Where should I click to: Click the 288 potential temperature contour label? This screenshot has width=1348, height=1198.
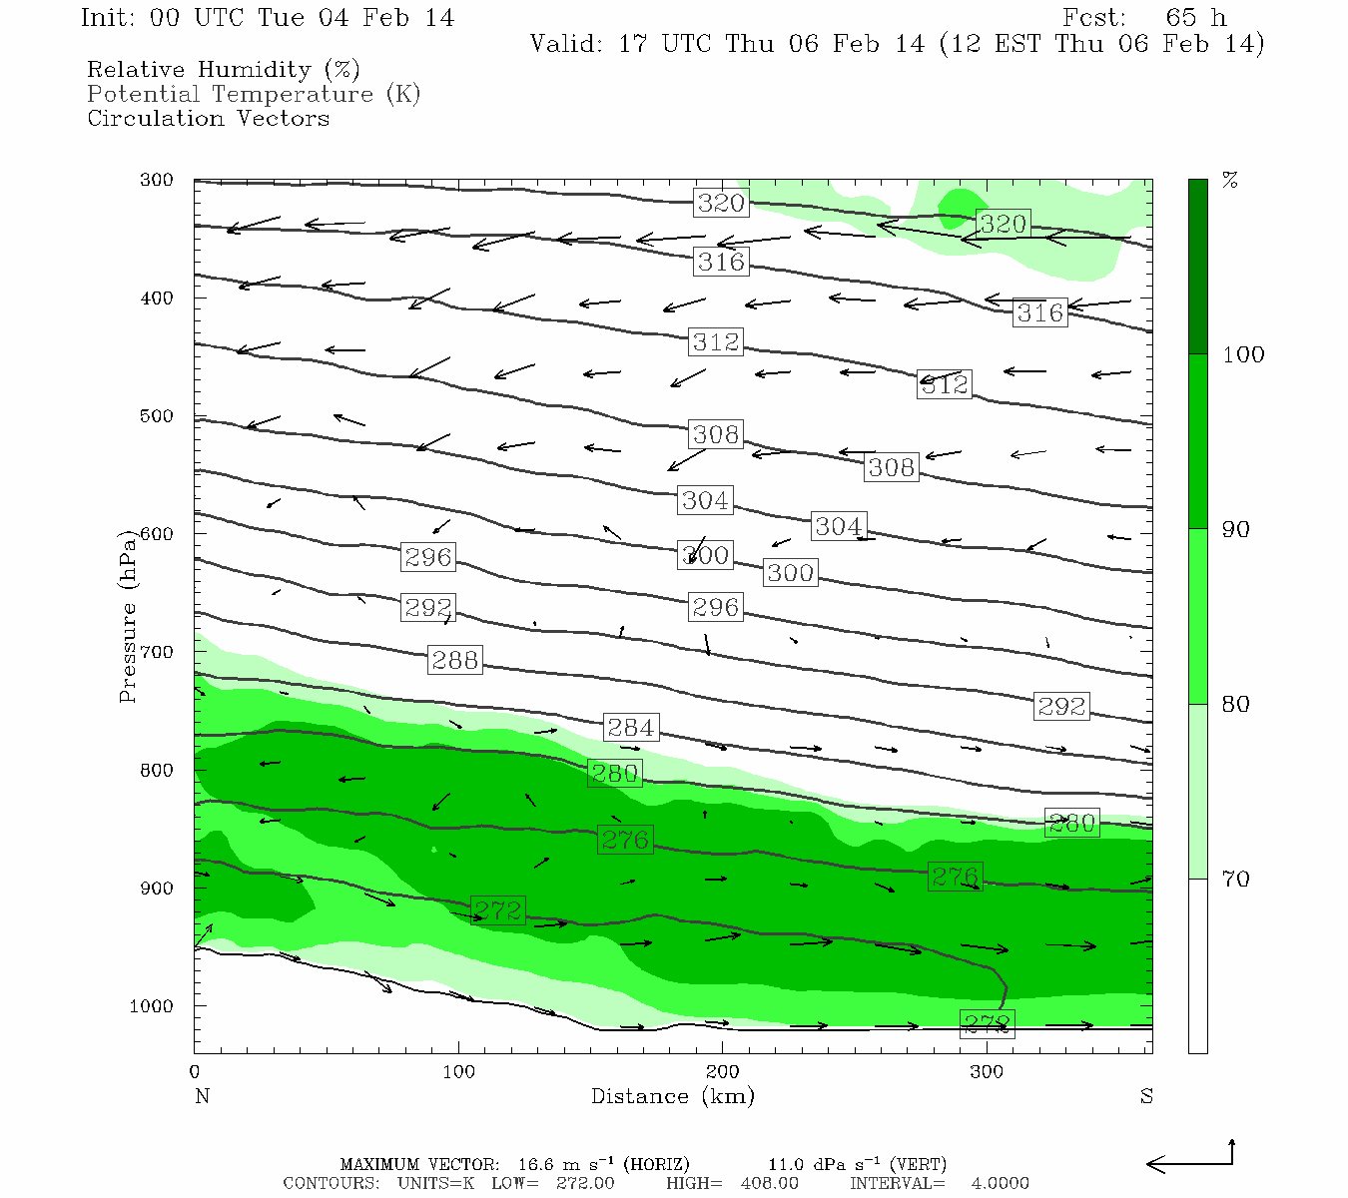pyautogui.click(x=454, y=660)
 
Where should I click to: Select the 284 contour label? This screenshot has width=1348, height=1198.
pyautogui.click(x=631, y=728)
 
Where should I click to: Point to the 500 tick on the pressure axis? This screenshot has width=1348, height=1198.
pyautogui.click(x=157, y=416)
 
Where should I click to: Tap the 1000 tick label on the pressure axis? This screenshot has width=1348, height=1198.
pyautogui.click(x=152, y=1006)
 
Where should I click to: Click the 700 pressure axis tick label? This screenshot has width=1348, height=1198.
pyautogui.click(x=157, y=652)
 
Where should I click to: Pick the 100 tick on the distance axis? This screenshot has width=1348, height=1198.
pyautogui.click(x=458, y=1072)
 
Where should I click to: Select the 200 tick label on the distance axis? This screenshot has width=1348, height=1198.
pyautogui.click(x=722, y=1072)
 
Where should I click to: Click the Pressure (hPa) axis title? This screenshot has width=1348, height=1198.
pyautogui.click(x=127, y=616)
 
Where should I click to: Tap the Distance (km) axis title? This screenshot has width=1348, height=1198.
pyautogui.click(x=672, y=1096)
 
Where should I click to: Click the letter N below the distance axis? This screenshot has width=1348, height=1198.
pyautogui.click(x=202, y=1096)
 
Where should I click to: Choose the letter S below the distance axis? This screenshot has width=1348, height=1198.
pyautogui.click(x=1146, y=1096)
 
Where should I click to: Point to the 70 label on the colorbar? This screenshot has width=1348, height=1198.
pyautogui.click(x=1236, y=880)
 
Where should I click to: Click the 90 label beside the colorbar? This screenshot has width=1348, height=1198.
pyautogui.click(x=1236, y=530)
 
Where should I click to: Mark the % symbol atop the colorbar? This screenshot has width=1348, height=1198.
pyautogui.click(x=1230, y=181)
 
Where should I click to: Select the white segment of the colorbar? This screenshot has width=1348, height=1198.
pyautogui.click(x=1197, y=965)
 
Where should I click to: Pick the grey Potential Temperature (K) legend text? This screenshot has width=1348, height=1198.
pyautogui.click(x=254, y=94)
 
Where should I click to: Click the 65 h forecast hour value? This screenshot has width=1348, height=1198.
pyautogui.click(x=1195, y=18)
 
